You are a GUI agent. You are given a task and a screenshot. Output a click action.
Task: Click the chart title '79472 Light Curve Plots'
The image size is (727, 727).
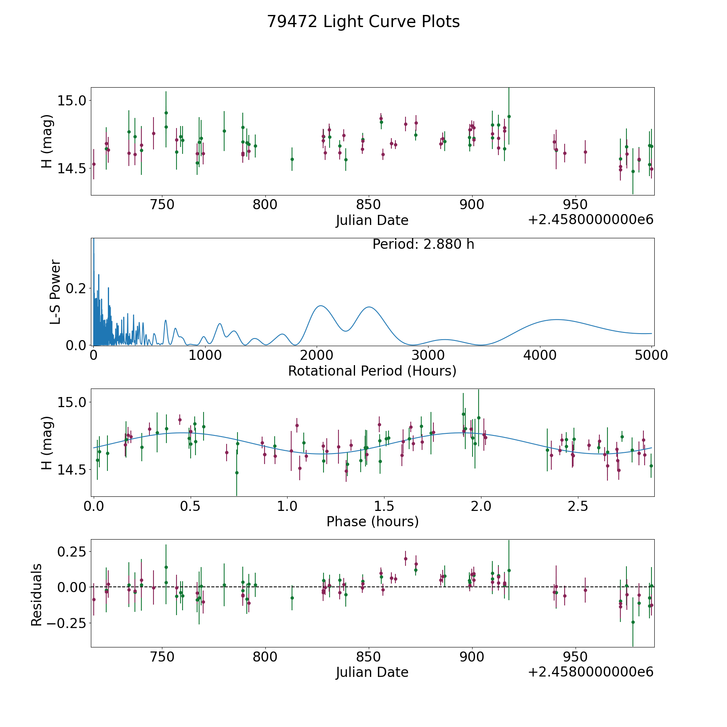(x=363, y=22)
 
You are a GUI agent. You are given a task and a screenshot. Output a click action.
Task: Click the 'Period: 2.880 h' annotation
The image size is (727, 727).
(x=423, y=244)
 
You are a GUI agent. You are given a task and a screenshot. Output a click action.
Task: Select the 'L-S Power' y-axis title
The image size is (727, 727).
(x=55, y=292)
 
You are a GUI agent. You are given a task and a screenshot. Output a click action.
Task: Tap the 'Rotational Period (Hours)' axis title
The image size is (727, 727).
(x=372, y=371)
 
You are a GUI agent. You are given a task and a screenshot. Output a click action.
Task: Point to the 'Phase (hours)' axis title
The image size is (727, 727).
(x=372, y=521)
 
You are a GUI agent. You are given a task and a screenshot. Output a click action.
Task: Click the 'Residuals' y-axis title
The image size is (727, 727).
(x=37, y=595)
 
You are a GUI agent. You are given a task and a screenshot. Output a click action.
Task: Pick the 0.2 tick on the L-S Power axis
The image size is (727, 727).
(x=77, y=288)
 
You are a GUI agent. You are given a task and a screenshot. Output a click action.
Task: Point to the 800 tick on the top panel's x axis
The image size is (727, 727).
(x=265, y=205)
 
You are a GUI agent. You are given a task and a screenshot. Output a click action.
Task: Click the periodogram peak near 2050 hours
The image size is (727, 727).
(x=320, y=306)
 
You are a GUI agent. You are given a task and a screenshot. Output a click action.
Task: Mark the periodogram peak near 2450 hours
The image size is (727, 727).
(x=369, y=307)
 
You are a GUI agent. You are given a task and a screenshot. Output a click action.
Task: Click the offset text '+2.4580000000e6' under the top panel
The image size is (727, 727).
(x=590, y=220)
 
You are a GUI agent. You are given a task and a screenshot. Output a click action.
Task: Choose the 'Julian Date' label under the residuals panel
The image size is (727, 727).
(x=372, y=672)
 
